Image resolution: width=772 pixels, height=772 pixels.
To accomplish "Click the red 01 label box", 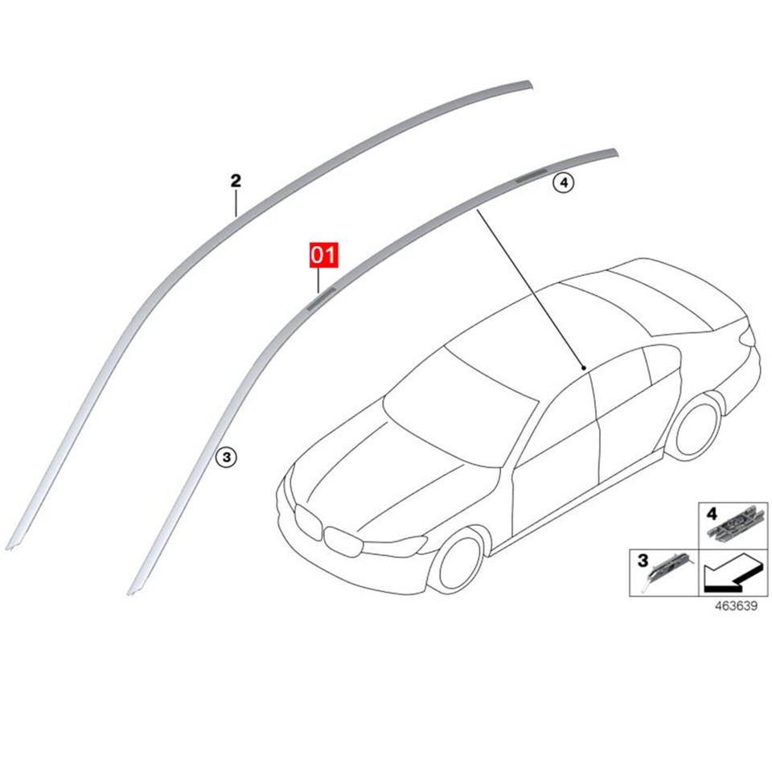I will pos(321,256).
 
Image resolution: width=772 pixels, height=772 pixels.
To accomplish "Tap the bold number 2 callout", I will pos(236,181).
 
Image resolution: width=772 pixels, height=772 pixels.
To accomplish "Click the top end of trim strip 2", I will pos(527,83).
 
